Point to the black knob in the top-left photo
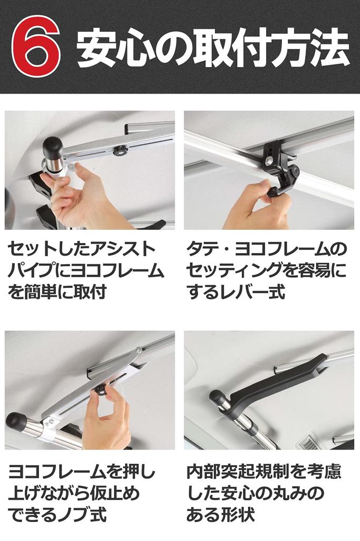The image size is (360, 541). point(120,151)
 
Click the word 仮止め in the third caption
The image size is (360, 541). point(118,493)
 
